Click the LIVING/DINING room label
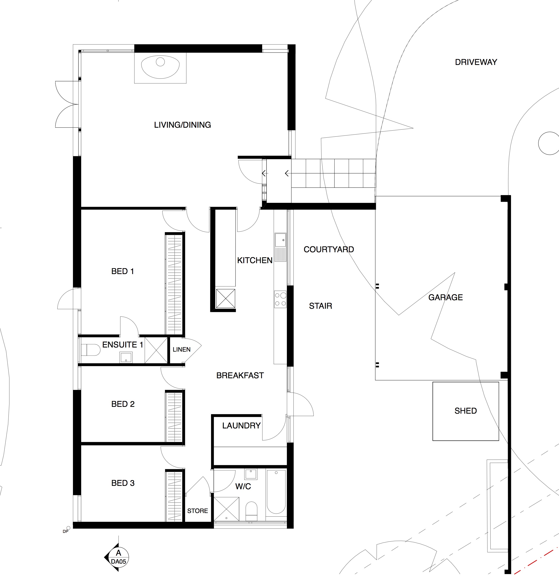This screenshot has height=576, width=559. click(x=182, y=125)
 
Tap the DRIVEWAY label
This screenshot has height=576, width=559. click(x=476, y=62)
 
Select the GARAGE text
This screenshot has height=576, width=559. click(x=446, y=297)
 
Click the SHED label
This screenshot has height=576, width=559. click(x=465, y=411)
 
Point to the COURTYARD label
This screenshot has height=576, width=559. click(x=329, y=250)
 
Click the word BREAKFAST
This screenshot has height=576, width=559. click(x=240, y=376)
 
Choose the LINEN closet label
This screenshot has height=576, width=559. click(x=182, y=349)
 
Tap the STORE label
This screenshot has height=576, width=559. click(x=197, y=511)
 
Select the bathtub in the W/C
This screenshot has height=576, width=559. click(x=276, y=492)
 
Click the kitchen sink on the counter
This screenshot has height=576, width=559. click(x=280, y=247)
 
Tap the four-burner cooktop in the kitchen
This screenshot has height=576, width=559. click(x=280, y=299)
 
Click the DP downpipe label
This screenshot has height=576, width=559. click(x=65, y=531)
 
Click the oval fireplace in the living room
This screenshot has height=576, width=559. click(x=160, y=67)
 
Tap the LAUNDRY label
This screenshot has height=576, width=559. click(x=241, y=426)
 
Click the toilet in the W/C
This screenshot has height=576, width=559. click(x=251, y=512)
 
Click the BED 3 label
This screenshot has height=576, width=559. click(x=123, y=483)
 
